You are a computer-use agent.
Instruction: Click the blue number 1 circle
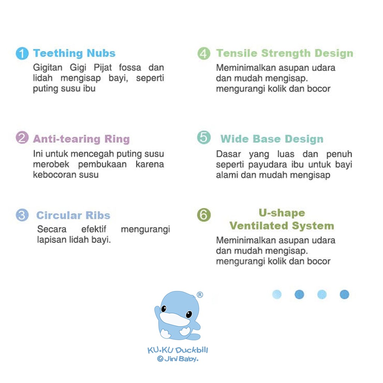point(22,53)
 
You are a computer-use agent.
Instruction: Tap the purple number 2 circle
point(22,138)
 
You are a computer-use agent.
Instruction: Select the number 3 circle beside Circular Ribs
point(22,215)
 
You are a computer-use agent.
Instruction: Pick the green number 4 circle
point(204,53)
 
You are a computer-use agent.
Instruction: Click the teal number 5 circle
point(204,137)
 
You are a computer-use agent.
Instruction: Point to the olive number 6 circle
point(204,215)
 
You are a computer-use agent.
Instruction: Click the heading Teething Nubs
point(74,53)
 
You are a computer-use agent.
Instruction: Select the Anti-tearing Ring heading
point(81,139)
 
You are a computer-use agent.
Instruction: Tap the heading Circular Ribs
point(73,215)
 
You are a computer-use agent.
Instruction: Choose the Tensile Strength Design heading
point(285,53)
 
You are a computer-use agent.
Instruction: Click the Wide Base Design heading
point(272,139)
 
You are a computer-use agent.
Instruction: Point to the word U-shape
point(282,213)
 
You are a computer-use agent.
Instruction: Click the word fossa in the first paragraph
point(130,67)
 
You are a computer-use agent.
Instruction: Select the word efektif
point(94,229)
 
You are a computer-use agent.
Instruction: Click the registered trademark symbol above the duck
point(200,295)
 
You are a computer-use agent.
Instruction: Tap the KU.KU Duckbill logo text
point(178,350)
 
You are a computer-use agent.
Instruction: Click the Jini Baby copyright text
point(178,359)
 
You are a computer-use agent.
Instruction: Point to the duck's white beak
point(174,319)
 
